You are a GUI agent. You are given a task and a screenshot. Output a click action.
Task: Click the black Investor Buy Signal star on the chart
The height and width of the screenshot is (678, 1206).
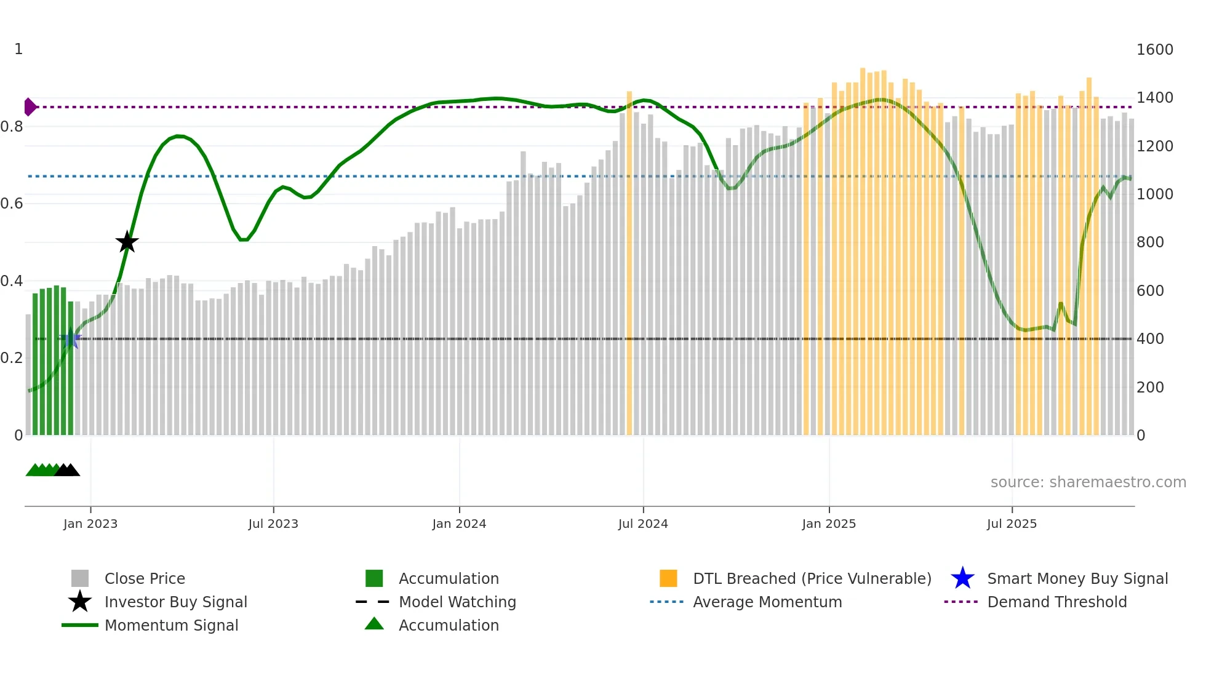127,242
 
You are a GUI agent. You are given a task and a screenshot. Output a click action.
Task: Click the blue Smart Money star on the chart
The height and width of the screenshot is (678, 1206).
71,338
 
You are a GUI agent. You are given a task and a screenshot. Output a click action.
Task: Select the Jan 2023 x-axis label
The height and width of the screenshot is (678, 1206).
90,524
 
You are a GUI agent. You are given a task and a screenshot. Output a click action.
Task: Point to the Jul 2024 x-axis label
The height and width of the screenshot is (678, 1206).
643,524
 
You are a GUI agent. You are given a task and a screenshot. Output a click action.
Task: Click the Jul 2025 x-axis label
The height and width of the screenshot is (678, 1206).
1012,524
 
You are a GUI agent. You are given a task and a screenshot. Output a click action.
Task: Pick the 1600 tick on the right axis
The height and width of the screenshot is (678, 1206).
1154,50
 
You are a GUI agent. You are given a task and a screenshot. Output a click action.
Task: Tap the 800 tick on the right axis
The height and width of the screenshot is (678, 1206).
1150,242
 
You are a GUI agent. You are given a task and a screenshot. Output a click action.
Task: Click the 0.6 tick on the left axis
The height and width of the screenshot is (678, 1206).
12,204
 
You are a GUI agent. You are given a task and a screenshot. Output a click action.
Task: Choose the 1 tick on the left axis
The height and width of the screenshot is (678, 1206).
18,49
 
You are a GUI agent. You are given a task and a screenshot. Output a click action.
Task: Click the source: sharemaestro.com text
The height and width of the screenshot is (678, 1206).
1088,482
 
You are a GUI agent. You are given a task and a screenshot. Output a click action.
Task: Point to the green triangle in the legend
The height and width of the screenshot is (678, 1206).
374,624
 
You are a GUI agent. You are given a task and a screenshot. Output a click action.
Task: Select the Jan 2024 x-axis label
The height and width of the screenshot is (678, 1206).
459,524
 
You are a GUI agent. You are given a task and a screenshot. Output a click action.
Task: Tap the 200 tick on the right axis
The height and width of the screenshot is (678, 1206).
1150,388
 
